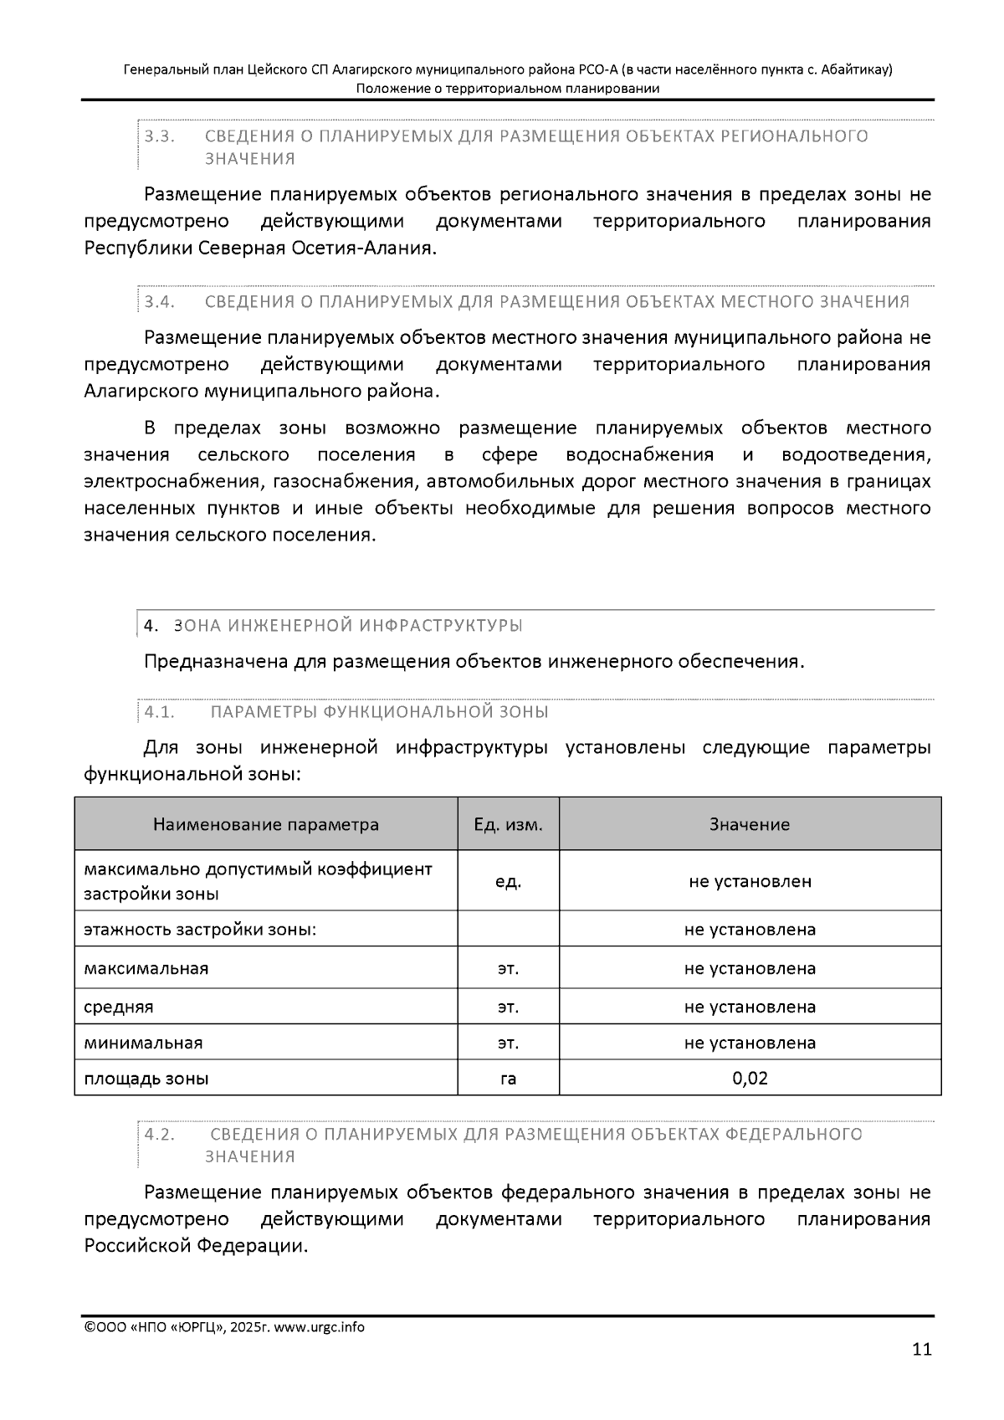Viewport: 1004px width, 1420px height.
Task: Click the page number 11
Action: (x=921, y=1349)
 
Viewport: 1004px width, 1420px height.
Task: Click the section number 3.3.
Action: (x=159, y=136)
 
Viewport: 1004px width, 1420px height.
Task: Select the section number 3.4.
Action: (x=159, y=301)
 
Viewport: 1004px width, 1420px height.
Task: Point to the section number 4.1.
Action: (x=159, y=712)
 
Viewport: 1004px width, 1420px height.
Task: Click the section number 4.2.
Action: (x=159, y=1134)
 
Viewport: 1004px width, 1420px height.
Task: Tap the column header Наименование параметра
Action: (x=265, y=824)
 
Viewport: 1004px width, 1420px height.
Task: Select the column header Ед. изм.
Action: (x=508, y=824)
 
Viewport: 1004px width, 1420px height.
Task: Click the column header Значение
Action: (x=749, y=824)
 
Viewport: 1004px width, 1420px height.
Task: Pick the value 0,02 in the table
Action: (x=750, y=1078)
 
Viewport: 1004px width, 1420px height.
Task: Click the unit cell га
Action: (x=508, y=1079)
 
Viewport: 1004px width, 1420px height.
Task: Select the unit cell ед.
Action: (x=508, y=881)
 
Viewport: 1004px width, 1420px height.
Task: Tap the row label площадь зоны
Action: (x=146, y=1079)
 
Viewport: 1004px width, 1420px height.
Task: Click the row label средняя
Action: (x=118, y=1007)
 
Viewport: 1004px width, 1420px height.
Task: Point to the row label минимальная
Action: (x=143, y=1043)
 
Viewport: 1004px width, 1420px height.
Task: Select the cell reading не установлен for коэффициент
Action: (x=750, y=881)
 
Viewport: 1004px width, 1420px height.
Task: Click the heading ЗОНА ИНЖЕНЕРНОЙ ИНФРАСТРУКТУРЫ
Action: (x=348, y=626)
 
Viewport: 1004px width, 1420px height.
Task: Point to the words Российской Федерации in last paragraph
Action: (x=195, y=1246)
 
